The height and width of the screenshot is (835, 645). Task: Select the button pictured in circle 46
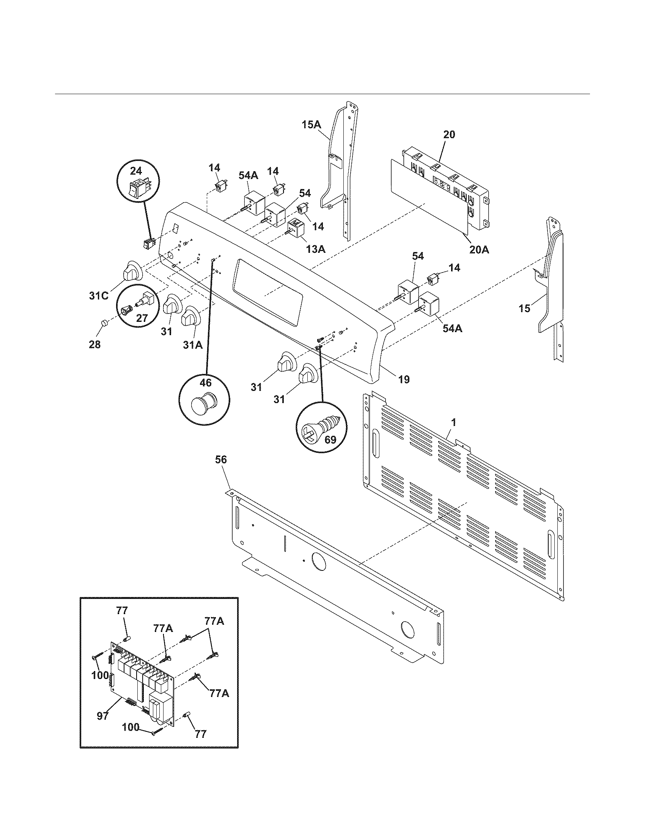(205, 403)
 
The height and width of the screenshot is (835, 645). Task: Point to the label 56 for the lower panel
(221, 460)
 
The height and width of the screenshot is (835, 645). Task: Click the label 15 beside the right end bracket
(524, 308)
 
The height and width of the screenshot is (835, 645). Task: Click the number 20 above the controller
(449, 135)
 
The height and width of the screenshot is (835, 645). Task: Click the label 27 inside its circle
(142, 318)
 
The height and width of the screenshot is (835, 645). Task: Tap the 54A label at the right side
(452, 328)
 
